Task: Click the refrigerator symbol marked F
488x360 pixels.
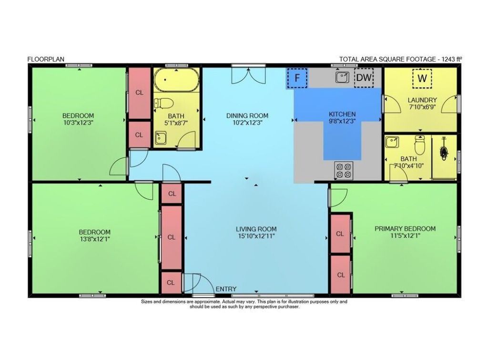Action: tap(297, 78)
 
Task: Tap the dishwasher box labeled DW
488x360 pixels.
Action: tap(364, 78)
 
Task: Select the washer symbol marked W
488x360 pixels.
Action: tap(422, 78)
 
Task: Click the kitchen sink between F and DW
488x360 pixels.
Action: tap(342, 77)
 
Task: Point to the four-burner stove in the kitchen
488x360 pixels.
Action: tap(344, 170)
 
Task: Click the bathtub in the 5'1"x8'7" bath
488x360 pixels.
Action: tap(176, 80)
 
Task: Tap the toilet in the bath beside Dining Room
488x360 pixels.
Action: tap(163, 103)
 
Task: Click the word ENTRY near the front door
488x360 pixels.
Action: tap(226, 289)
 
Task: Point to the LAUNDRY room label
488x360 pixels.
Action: tap(422, 100)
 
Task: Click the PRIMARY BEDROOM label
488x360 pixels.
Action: tap(405, 229)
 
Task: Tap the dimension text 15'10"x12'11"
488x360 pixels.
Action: tap(256, 236)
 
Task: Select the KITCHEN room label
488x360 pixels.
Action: tap(342, 114)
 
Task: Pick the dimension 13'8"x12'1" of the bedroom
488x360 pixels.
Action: tap(94, 239)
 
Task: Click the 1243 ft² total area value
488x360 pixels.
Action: tap(452, 59)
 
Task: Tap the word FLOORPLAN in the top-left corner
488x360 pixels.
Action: tap(46, 59)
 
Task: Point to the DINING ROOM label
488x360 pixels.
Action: tap(247, 115)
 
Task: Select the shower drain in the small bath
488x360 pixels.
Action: tap(444, 152)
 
